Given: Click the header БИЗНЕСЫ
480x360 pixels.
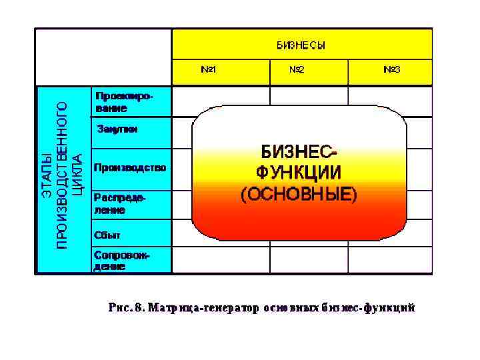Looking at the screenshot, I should [301, 46].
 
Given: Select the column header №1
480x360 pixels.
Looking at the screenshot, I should [208, 69].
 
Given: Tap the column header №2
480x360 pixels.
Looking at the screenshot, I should [297, 69].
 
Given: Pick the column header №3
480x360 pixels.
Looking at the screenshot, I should [391, 69].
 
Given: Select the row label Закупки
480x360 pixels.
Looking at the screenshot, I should [117, 129].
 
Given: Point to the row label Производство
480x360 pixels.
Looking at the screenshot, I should [130, 167].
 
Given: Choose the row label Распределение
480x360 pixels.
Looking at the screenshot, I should [119, 203].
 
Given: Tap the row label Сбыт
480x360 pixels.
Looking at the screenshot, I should [107, 235].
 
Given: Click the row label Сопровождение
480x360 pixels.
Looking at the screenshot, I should [122, 261].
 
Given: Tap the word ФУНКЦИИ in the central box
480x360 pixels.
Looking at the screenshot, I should [299, 172].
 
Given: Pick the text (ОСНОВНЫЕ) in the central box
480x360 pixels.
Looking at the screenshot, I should [299, 194].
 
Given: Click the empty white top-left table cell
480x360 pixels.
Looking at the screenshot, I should [103, 56].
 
